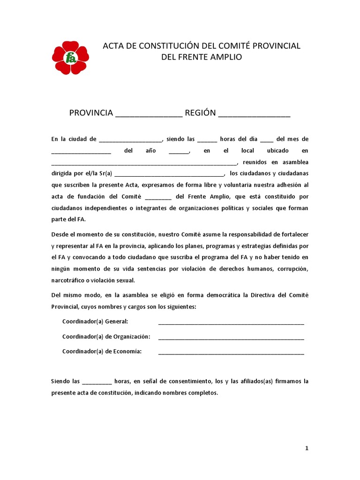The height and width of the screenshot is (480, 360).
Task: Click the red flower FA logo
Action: pos(70,58)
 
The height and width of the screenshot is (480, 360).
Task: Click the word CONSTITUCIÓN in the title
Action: pos(160,46)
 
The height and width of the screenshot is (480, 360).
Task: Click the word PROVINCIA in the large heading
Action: pos(91,113)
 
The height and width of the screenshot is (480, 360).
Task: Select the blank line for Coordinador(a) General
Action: pos(231,323)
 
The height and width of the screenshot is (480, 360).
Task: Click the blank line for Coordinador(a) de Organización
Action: pos(231,338)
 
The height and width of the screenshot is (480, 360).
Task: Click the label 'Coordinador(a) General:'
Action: pos(95,322)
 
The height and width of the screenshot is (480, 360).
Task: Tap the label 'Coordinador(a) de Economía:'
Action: pos(102,352)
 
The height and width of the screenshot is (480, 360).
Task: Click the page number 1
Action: pos(307,448)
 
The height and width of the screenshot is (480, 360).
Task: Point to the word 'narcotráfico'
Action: pos(68,280)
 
